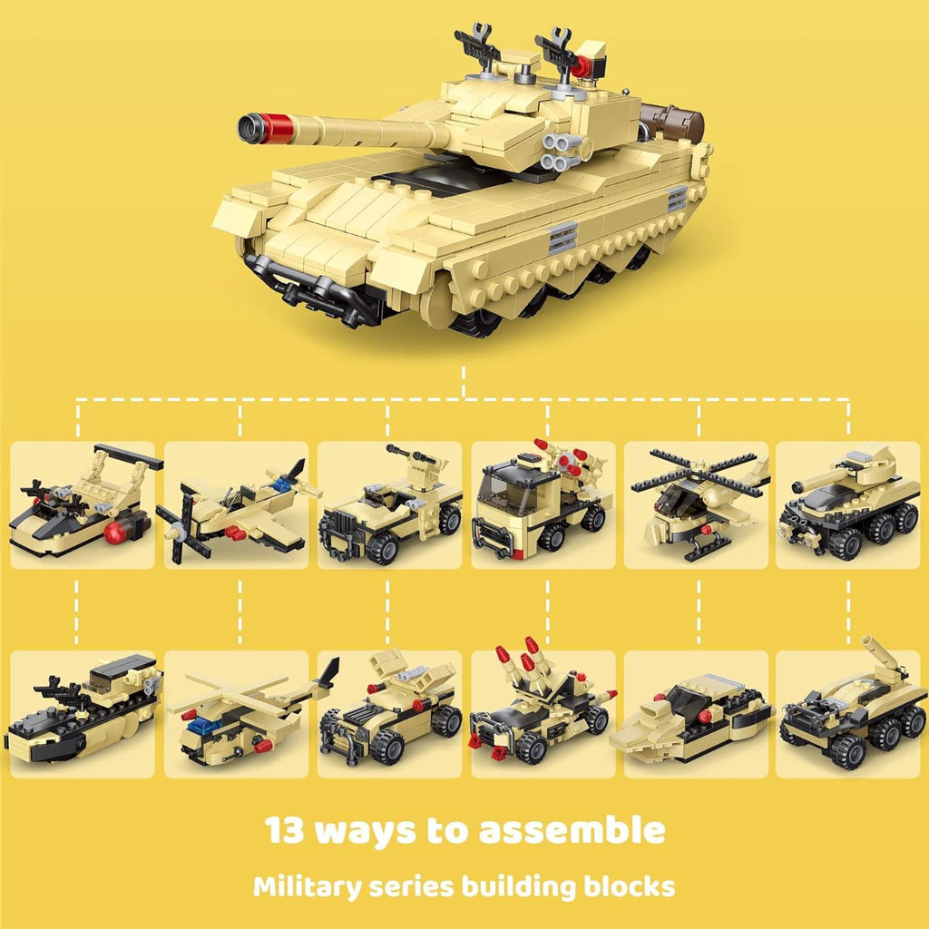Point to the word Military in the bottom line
306,885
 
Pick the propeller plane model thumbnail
240,504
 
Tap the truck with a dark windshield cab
542,504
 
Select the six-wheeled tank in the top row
848,504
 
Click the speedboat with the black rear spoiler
83,504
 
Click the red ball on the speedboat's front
115,533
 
